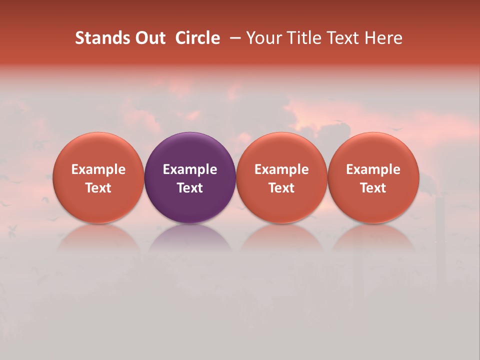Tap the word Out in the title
click(x=149, y=38)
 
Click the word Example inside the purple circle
click(x=190, y=169)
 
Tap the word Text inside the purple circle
click(x=190, y=188)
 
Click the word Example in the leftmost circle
click(x=98, y=169)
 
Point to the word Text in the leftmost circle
click(x=98, y=188)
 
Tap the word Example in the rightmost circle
click(x=373, y=169)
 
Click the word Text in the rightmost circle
click(x=373, y=188)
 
